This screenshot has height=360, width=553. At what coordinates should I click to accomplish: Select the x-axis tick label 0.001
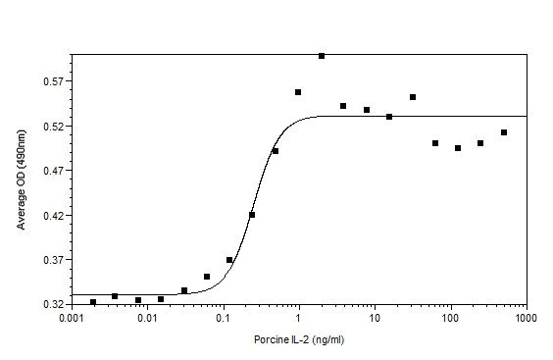coord(71,320)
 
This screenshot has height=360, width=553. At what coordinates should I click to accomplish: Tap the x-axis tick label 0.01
coord(147,320)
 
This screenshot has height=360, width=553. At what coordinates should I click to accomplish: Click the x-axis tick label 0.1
coord(224,320)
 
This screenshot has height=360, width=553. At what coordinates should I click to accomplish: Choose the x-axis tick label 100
coord(451,320)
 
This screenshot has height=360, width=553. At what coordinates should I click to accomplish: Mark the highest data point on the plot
coord(322,56)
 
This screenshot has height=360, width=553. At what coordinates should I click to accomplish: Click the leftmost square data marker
coord(93,302)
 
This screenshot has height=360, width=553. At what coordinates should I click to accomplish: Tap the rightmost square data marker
coord(504,132)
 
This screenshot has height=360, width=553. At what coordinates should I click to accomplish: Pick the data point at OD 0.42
coord(252,215)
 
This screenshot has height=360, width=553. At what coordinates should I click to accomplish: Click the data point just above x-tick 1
coord(298,92)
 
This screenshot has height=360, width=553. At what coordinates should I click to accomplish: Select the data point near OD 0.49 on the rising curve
coord(276,151)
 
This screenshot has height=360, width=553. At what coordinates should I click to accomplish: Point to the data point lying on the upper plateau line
coord(389,117)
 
